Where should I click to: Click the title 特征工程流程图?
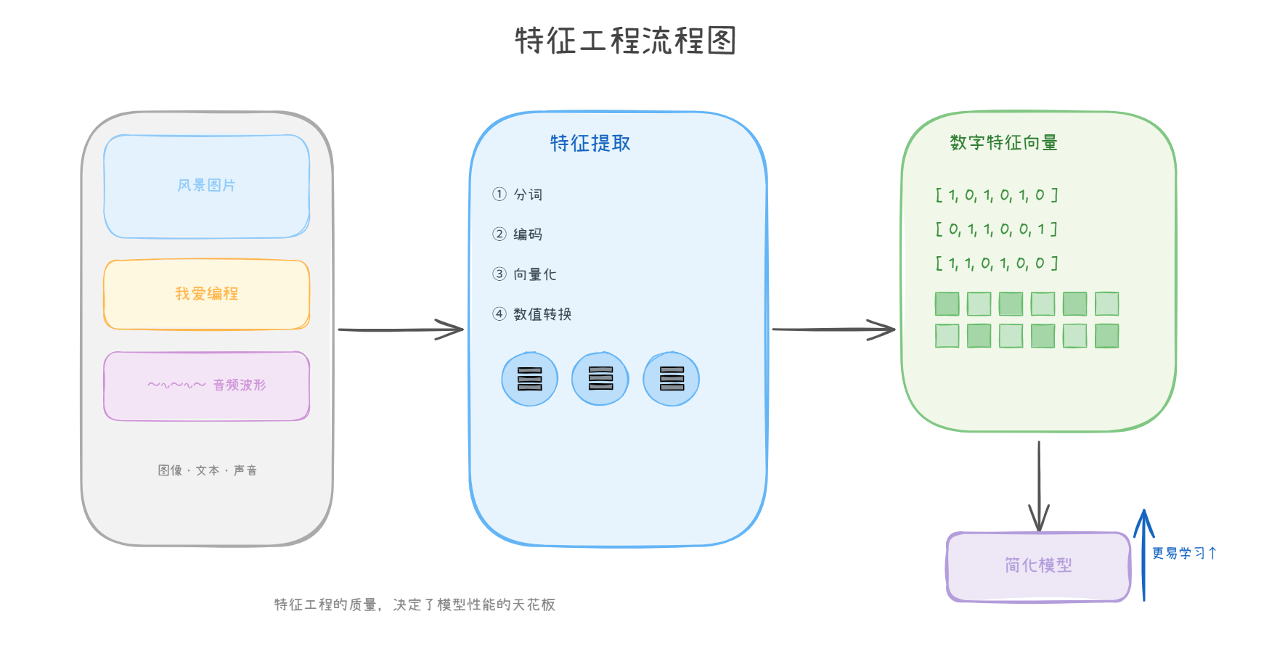click(x=625, y=41)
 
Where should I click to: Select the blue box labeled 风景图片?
click(x=207, y=187)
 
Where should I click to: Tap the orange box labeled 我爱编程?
click(x=207, y=294)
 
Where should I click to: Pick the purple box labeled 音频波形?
click(x=207, y=385)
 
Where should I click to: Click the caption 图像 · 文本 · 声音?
click(x=207, y=470)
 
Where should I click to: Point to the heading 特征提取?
click(x=589, y=144)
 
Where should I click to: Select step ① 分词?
click(x=518, y=195)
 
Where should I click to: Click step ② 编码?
click(x=518, y=234)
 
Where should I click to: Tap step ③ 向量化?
click(x=524, y=274)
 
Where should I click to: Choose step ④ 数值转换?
click(x=532, y=314)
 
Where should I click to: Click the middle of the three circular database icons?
click(x=600, y=379)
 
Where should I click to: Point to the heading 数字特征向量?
click(x=1003, y=143)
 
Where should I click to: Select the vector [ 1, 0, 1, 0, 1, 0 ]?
click(x=996, y=195)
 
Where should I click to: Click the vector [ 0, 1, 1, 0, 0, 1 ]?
click(x=996, y=229)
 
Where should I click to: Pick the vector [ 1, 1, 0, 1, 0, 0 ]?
click(x=996, y=263)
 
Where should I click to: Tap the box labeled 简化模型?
click(x=1038, y=566)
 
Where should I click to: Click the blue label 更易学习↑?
click(x=1184, y=553)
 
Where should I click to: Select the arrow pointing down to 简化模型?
click(x=1039, y=486)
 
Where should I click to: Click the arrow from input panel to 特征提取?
click(x=401, y=329)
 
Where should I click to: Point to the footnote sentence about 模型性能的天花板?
click(x=415, y=605)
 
